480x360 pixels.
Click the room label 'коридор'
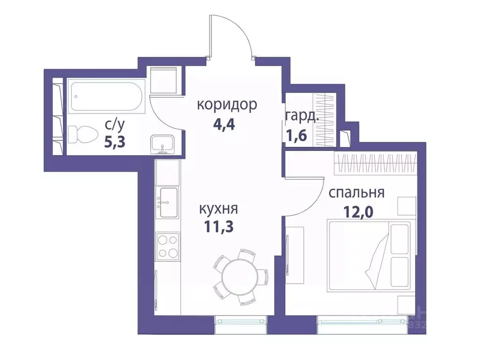click(227, 105)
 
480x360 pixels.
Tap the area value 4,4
click(227, 125)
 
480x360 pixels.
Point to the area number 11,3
click(219, 227)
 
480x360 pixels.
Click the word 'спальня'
click(356, 193)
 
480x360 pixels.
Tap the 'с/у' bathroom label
click(115, 125)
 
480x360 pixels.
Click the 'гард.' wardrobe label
click(302, 116)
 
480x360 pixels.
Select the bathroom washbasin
click(162, 144)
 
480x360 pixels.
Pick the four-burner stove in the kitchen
click(168, 247)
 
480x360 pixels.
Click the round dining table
click(239, 276)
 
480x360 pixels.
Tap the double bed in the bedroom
click(369, 254)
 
